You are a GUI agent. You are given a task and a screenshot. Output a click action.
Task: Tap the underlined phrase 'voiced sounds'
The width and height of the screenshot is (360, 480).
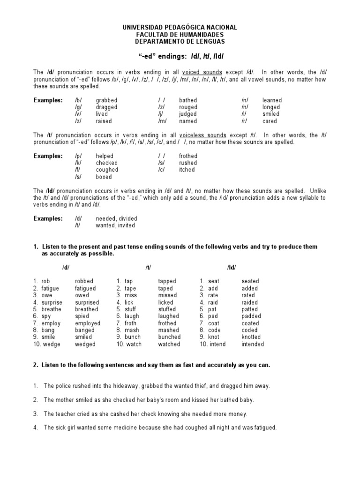pos(202,73)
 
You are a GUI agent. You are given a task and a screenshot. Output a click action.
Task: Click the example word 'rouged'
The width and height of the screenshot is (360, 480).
pos(188,107)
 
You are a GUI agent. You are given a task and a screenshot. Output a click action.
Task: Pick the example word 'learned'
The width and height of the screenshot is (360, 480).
pos(272,100)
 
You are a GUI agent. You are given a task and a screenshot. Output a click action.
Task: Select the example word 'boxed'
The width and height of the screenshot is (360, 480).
pos(104,177)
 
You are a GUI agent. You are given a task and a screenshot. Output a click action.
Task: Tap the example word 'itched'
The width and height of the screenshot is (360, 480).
pos(187,170)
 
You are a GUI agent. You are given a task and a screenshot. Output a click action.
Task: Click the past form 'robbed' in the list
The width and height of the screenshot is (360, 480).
pos(84,281)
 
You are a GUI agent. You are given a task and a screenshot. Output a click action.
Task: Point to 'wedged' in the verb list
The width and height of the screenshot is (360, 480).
pos(85,344)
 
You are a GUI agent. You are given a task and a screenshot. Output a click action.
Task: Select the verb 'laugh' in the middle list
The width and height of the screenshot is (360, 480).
pos(132,316)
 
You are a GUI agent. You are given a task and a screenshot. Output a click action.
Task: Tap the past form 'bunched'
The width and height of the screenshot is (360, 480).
pos(169,337)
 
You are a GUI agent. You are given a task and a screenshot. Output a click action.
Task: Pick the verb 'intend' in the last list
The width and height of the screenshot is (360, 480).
pos(217,344)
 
